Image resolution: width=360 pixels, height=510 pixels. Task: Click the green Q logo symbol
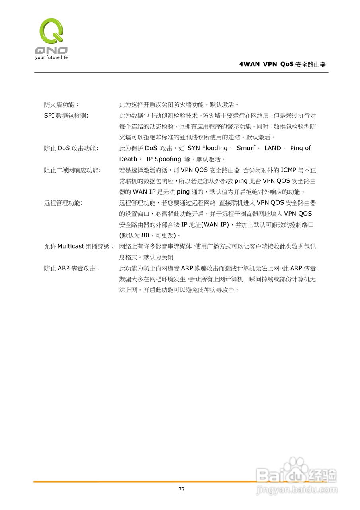coord(51,31)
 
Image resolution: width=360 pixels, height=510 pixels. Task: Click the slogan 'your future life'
coord(51,57)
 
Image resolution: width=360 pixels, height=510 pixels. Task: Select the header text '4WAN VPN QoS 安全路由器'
coord(282,64)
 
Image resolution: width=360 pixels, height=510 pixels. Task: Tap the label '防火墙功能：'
coord(62,105)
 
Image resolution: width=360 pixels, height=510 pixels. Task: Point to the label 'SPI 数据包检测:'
coord(66,116)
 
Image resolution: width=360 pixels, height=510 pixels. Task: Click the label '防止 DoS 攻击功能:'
coord(71,148)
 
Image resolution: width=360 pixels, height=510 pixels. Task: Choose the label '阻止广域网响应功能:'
coord(72,170)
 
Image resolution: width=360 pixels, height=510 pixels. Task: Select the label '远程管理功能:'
coord(63,203)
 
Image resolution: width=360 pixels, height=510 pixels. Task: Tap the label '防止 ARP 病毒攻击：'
coord(72,268)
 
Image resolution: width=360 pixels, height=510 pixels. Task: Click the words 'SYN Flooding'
coord(207,148)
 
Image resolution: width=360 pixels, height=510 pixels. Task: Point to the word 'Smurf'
coord(246,148)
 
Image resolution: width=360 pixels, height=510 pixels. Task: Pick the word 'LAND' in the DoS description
coord(273,148)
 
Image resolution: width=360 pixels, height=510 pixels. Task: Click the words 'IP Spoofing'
coord(164,159)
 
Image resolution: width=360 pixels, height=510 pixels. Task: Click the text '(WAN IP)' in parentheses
coord(215,224)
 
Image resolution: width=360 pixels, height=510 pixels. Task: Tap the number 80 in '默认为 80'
coord(145,235)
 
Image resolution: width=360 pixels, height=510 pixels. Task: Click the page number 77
coord(182,489)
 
